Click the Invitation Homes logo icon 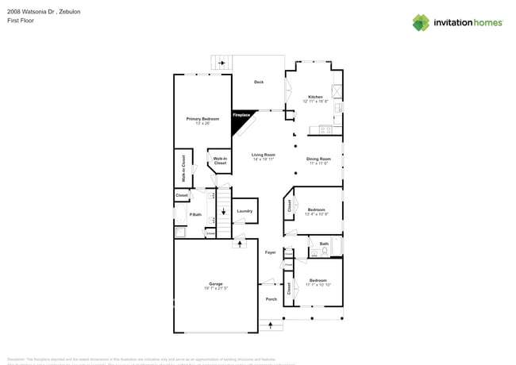click(x=420, y=22)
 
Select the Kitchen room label click(x=315, y=97)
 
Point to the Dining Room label click(x=318, y=159)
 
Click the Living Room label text click(x=263, y=155)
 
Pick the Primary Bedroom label click(x=202, y=119)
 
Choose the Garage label click(x=215, y=283)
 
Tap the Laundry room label click(x=245, y=211)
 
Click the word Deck click(x=259, y=82)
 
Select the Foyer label click(x=270, y=252)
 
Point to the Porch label click(x=271, y=299)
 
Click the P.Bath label click(x=194, y=215)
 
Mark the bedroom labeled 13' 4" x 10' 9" click(x=318, y=211)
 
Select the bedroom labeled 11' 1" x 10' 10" click(x=318, y=282)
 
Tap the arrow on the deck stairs click(x=221, y=63)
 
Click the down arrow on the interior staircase click(x=223, y=212)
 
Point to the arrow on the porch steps click(x=271, y=325)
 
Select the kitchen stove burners click(x=325, y=129)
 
